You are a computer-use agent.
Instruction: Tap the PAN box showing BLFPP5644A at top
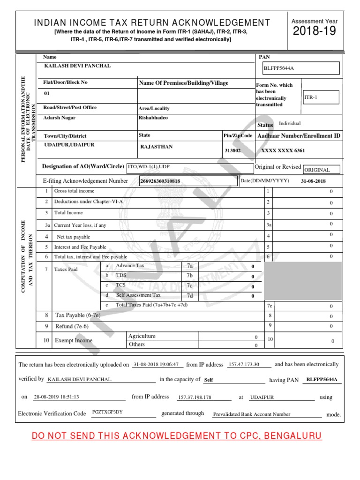click(301, 68)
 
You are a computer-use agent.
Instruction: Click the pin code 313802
click(233, 150)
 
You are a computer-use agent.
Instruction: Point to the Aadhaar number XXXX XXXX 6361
click(283, 150)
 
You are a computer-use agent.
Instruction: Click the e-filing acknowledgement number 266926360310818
click(161, 181)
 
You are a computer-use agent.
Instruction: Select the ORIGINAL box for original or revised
click(321, 170)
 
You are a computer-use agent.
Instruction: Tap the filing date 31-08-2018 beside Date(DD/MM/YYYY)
click(313, 181)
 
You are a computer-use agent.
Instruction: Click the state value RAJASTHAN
click(157, 147)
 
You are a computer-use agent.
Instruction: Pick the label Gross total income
click(74, 191)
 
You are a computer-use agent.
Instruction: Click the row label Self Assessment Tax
click(138, 295)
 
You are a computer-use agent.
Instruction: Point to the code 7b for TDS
click(189, 276)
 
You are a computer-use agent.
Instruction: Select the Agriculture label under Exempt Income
click(142, 337)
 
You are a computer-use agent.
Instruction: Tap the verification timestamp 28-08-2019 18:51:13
click(57, 397)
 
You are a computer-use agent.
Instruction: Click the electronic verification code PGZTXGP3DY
click(107, 412)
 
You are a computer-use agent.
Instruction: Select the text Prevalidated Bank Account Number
click(252, 414)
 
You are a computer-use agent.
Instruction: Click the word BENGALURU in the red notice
click(293, 436)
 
